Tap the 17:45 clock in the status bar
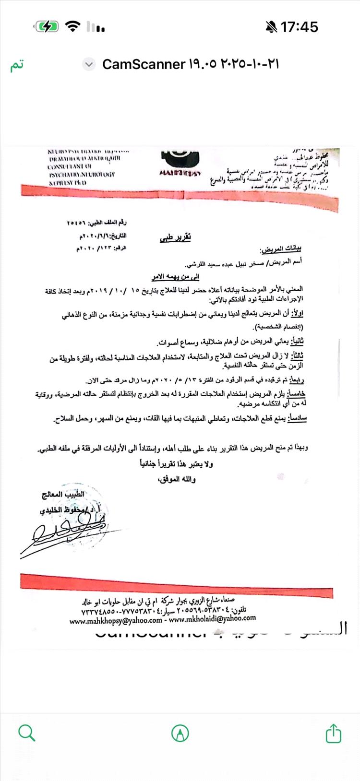(299, 27)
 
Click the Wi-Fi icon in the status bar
(72, 27)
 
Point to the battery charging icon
(47, 27)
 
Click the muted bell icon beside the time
(272, 27)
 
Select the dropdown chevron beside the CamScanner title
(89, 64)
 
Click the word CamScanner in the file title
(144, 64)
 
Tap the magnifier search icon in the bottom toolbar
(26, 733)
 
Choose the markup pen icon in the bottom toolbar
(180, 733)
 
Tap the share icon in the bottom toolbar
(333, 733)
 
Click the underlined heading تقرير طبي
(175, 237)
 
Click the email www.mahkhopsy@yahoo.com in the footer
(116, 621)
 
